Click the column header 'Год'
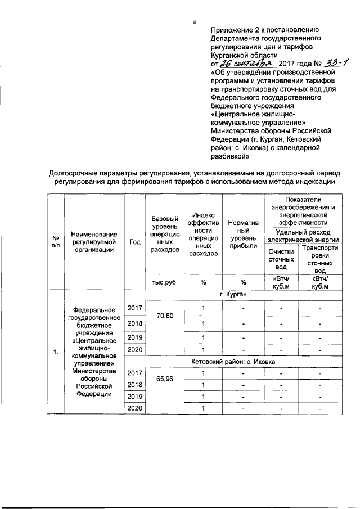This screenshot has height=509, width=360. click(134, 241)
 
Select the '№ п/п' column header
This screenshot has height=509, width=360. click(55, 241)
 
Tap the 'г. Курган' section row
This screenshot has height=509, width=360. click(232, 294)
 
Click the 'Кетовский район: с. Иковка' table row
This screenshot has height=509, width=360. click(232, 361)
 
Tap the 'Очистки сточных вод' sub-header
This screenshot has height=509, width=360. click(281, 259)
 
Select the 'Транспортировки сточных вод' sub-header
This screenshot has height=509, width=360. click(320, 258)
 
